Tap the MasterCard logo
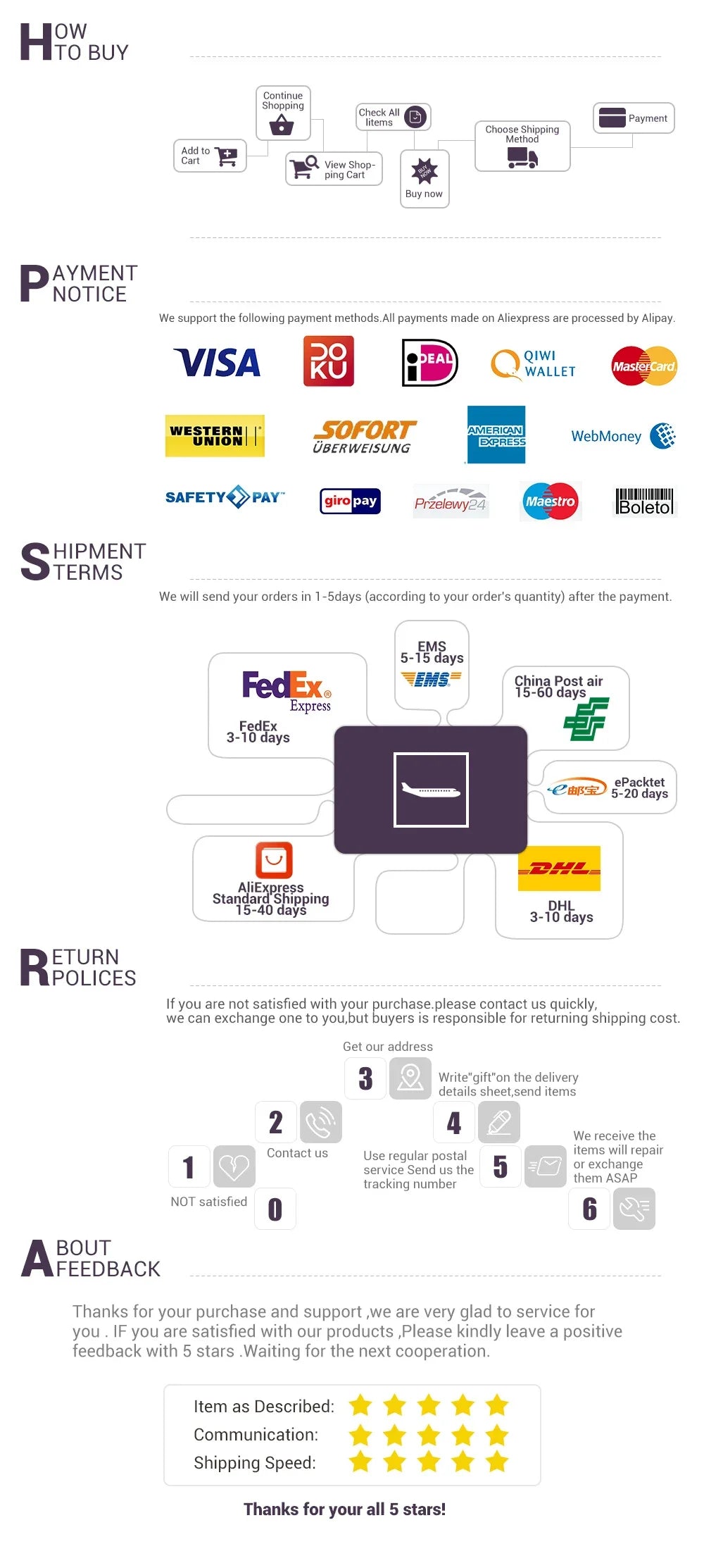pyautogui.click(x=644, y=366)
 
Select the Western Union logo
pyautogui.click(x=215, y=436)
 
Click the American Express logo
pyautogui.click(x=496, y=435)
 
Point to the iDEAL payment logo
pyautogui.click(x=429, y=363)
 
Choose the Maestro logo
pyautogui.click(x=551, y=501)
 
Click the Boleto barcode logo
pyautogui.click(x=645, y=502)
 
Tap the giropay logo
pyautogui.click(x=350, y=501)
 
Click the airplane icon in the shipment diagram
pyautogui.click(x=431, y=790)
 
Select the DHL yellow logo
pyautogui.click(x=559, y=868)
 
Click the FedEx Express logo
pyautogui.click(x=287, y=691)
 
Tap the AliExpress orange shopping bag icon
pyautogui.click(x=274, y=860)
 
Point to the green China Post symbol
pyautogui.click(x=586, y=719)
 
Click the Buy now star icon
pyautogui.click(x=424, y=170)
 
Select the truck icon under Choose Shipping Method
pyautogui.click(x=522, y=158)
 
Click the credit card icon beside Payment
pyautogui.click(x=612, y=118)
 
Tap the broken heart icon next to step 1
pyautogui.click(x=234, y=1166)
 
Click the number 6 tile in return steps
pyautogui.click(x=589, y=1209)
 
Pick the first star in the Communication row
pyautogui.click(x=360, y=1434)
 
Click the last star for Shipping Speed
pyautogui.click(x=497, y=1462)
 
